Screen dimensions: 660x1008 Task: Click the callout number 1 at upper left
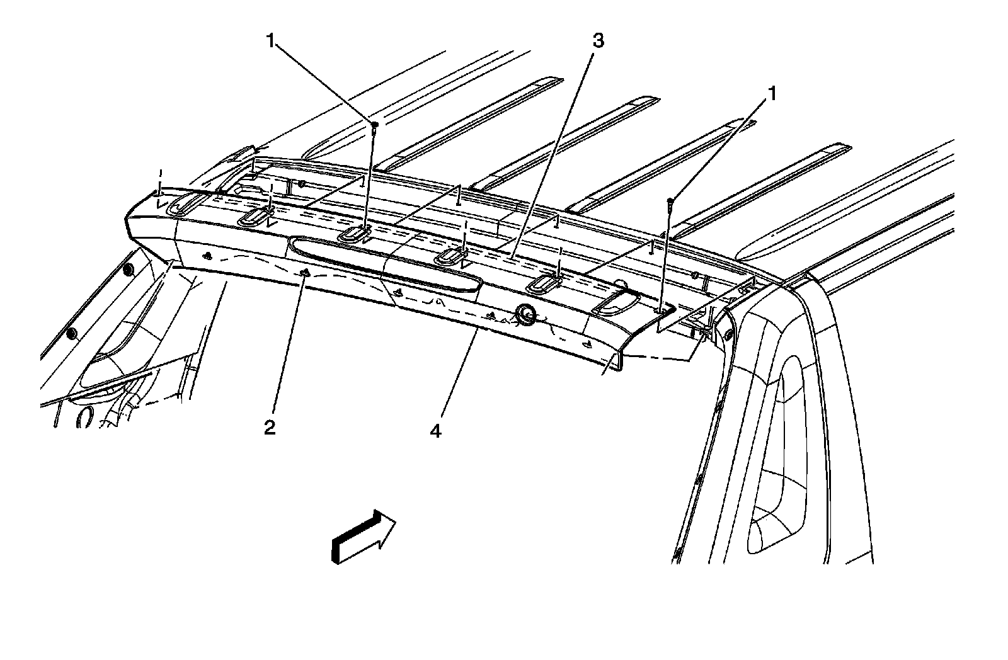271,42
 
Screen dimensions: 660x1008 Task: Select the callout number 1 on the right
770,94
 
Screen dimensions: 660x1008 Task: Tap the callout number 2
270,428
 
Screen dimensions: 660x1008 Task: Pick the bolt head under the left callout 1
374,126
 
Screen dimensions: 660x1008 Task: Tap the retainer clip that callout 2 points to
304,273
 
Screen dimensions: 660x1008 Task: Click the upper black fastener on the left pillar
128,270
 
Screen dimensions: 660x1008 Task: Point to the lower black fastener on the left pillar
72,332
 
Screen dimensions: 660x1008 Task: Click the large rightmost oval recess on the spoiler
616,304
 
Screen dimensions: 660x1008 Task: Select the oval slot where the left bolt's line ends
353,235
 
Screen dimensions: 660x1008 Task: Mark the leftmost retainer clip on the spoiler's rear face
208,256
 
